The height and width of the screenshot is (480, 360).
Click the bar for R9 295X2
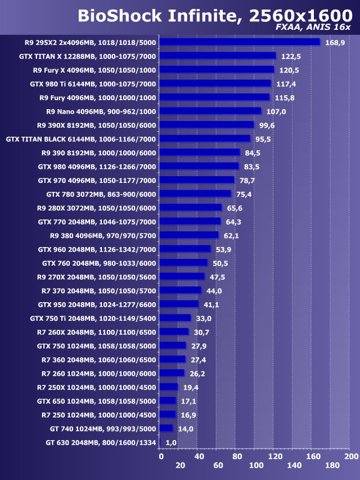pyautogui.click(x=240, y=42)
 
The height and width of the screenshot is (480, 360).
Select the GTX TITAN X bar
pyautogui.click(x=218, y=56)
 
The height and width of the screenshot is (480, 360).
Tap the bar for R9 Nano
pyautogui.click(x=210, y=111)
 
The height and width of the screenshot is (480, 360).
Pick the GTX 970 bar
pyautogui.click(x=197, y=180)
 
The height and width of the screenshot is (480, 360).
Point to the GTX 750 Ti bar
pyautogui.click(x=175, y=318)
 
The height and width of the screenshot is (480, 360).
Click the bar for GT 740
pyautogui.click(x=166, y=428)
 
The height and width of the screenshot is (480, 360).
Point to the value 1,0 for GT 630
pyautogui.click(x=171, y=442)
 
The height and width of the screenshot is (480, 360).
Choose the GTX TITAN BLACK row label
pyautogui.click(x=81, y=139)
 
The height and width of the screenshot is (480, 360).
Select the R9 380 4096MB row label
pyautogui.click(x=103, y=235)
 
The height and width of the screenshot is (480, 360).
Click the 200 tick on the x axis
pyautogui.click(x=351, y=456)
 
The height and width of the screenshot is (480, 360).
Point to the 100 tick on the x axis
pyautogui.click(x=256, y=465)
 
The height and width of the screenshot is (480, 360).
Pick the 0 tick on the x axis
pyautogui.click(x=161, y=456)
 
